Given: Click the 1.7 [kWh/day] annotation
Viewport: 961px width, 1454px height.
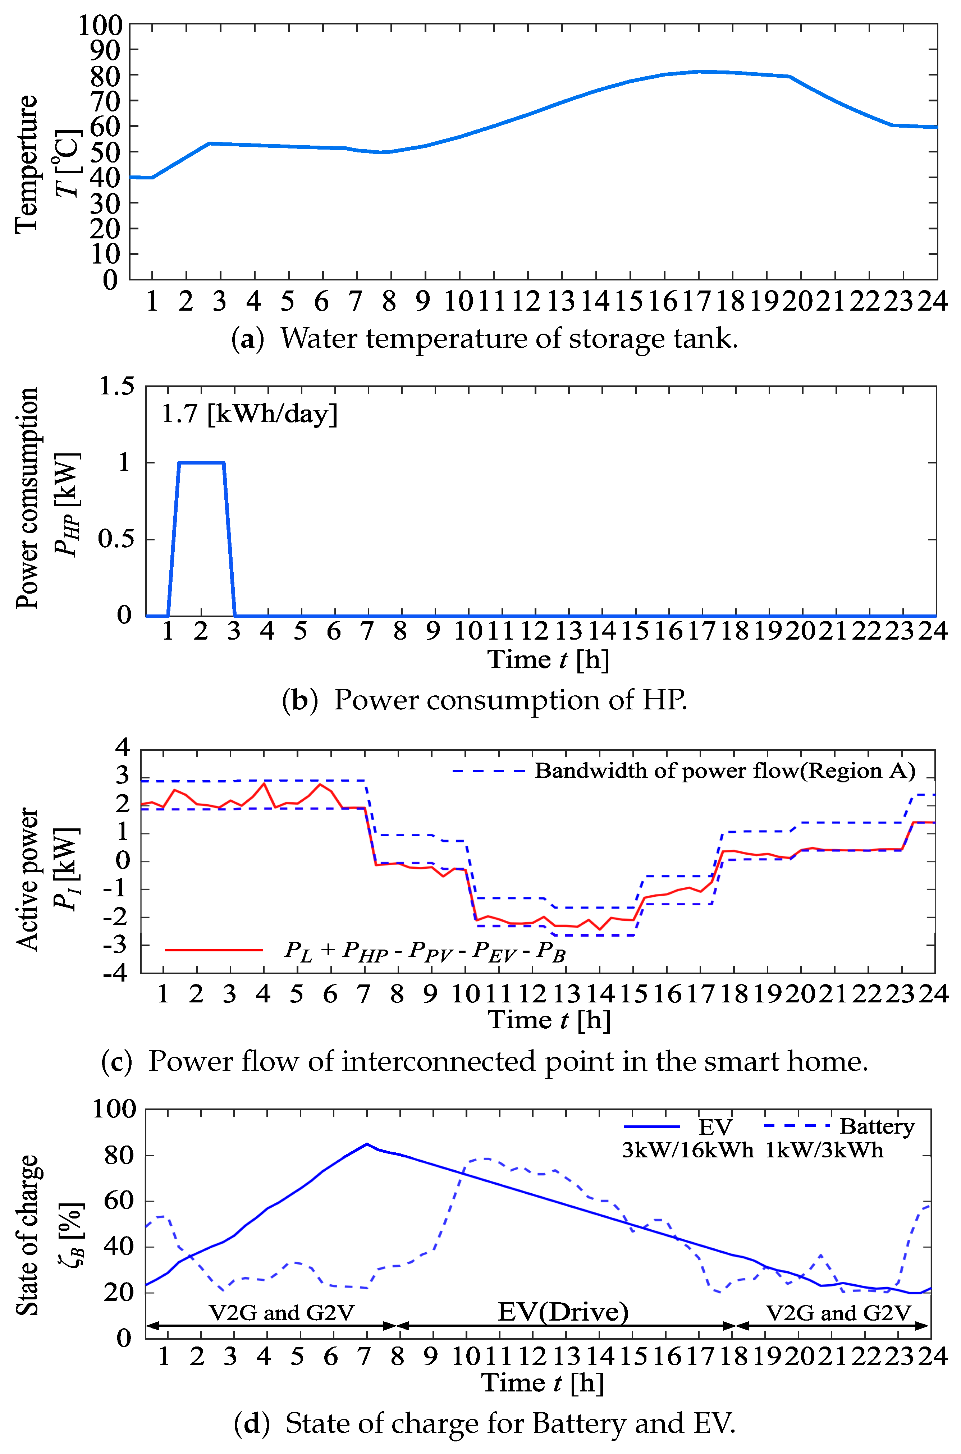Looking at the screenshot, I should [x=249, y=415].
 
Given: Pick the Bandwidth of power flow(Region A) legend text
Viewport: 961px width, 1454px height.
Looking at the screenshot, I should [x=725, y=771].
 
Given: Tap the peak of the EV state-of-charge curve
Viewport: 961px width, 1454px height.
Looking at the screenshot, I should [x=366, y=1144].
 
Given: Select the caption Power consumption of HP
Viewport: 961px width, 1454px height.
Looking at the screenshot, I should [x=510, y=700].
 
